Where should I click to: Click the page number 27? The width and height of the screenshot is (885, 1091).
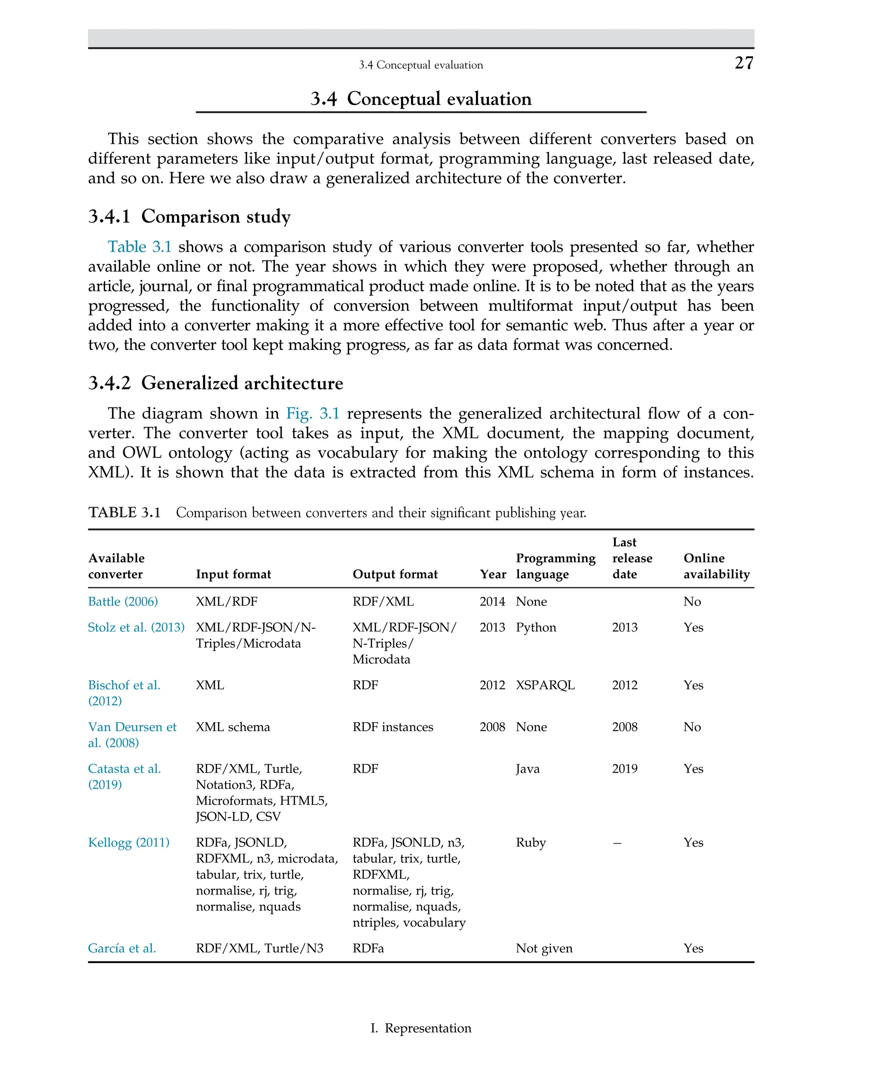743,63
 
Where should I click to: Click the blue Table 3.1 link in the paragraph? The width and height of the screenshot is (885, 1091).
139,247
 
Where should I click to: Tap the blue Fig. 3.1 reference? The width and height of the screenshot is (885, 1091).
312,413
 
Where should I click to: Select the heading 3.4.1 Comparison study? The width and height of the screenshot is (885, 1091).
189,216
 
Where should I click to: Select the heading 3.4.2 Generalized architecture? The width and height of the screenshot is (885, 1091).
215,383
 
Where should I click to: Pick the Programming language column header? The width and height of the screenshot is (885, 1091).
555,566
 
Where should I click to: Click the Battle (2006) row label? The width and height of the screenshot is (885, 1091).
123,601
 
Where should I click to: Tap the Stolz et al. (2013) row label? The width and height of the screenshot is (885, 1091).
136,627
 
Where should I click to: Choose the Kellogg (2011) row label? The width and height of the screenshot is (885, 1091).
128,842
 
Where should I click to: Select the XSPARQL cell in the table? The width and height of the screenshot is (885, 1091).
544,685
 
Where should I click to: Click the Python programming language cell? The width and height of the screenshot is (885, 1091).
535,627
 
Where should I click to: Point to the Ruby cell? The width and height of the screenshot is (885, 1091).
530,842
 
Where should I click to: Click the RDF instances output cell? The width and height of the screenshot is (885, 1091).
392,726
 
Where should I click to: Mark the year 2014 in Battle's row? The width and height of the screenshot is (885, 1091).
492,601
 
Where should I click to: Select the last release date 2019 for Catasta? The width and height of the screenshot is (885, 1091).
624,768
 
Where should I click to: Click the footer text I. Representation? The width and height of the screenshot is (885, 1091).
420,1028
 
